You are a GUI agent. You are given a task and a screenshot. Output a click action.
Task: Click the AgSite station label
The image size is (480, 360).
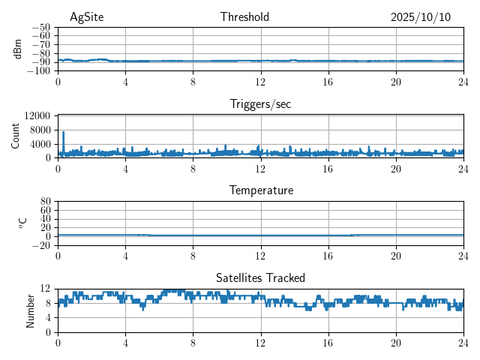point(86,17)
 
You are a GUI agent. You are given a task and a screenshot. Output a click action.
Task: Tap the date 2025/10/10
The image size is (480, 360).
point(421,17)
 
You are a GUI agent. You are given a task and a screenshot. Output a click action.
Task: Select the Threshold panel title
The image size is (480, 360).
point(244,17)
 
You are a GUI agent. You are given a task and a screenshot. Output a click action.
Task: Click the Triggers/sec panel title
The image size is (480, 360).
point(260,104)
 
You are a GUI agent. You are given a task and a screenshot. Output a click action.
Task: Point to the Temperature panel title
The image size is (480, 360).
point(260,190)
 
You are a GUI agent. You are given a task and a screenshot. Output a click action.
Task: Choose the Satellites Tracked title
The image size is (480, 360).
point(260,277)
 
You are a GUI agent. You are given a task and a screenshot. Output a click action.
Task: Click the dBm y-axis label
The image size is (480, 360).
point(19,49)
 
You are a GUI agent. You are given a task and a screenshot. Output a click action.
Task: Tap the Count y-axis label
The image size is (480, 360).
point(15,136)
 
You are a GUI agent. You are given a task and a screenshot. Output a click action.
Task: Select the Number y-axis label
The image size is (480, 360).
point(31,310)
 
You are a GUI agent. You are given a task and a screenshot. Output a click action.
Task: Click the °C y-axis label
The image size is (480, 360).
point(22,223)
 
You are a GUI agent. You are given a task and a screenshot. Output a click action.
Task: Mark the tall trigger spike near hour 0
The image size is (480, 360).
point(63,133)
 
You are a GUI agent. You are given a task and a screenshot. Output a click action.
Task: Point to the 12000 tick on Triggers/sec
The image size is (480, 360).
point(37,115)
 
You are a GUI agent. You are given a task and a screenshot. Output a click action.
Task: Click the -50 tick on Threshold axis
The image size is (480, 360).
point(40,27)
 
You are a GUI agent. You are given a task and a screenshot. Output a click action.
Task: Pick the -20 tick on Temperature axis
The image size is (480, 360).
point(40,245)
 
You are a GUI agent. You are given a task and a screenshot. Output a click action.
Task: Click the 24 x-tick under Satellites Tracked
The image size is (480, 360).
point(463,343)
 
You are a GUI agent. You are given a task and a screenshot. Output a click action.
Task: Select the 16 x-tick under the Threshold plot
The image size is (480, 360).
point(328,82)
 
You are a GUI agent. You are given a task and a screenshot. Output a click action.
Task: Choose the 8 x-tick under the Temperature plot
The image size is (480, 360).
point(193,256)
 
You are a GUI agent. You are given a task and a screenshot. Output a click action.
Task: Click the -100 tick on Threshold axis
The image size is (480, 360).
point(38,71)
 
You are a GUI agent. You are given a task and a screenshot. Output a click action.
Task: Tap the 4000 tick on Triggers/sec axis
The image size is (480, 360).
point(39,144)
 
